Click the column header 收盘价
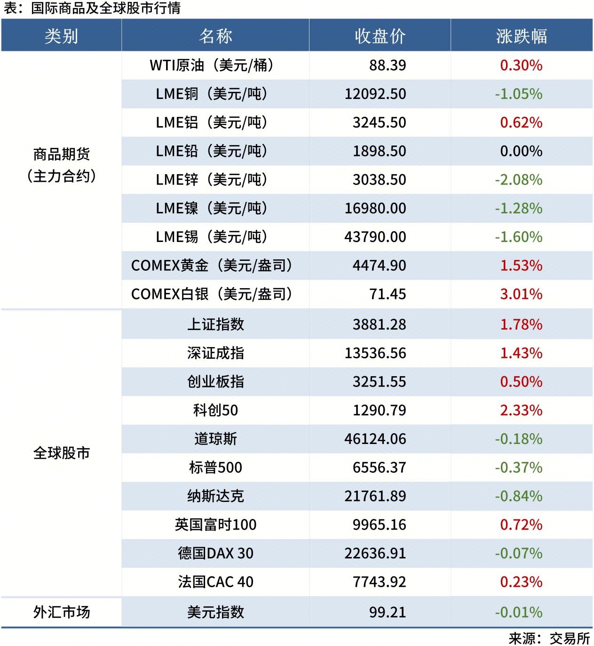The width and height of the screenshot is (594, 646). pos(380,36)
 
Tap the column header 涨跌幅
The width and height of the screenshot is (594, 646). pos(521,36)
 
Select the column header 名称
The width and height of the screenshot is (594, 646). pos(215,36)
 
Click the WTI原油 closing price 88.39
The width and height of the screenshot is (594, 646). pos(387,65)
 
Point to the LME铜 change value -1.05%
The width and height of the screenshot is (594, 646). pos(518,94)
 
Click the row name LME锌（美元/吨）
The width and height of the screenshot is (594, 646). pos(212,179)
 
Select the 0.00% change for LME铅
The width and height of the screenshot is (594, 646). pos(521,151)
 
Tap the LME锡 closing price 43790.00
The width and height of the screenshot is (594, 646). pos(375,237)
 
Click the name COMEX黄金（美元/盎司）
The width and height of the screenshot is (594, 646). pos(212,266)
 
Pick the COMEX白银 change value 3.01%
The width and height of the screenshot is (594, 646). pos(521,294)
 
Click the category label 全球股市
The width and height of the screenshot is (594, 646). pos(61,453)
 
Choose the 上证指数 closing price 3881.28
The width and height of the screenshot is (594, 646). pos(379,324)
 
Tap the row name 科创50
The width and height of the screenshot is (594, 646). pos(215,410)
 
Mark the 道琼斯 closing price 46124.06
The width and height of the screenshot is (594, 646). pos(375,439)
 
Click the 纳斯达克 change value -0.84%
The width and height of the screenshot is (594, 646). pos(518,496)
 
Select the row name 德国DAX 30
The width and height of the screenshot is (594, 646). pos(215,553)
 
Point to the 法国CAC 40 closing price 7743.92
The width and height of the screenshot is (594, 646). pos(379,582)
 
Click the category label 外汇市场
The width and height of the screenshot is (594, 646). pos(61,612)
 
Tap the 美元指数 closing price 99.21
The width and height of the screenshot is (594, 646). pos(387,612)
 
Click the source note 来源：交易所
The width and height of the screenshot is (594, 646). pos(549,638)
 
